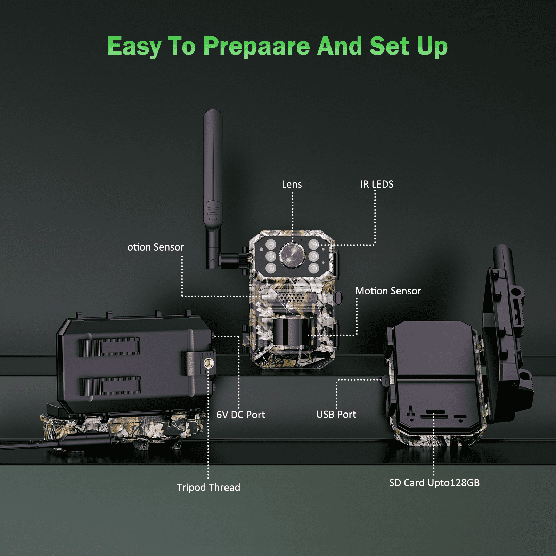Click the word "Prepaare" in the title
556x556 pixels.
[256, 46]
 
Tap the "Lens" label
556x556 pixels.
[292, 184]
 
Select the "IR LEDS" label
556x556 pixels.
[377, 184]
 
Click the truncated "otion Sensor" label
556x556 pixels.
[155, 247]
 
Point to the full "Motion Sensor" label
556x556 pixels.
[388, 291]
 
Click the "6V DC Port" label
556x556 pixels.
[240, 415]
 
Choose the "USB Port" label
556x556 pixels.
[336, 414]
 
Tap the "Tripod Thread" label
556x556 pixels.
[208, 487]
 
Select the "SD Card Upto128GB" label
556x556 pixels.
[434, 483]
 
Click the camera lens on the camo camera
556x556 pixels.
[292, 255]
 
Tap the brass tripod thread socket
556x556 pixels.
[208, 363]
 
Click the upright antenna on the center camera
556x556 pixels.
[213, 174]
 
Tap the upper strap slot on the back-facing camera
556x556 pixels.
[109, 347]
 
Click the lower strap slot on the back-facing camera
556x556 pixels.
[110, 386]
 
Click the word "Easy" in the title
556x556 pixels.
[134, 46]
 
